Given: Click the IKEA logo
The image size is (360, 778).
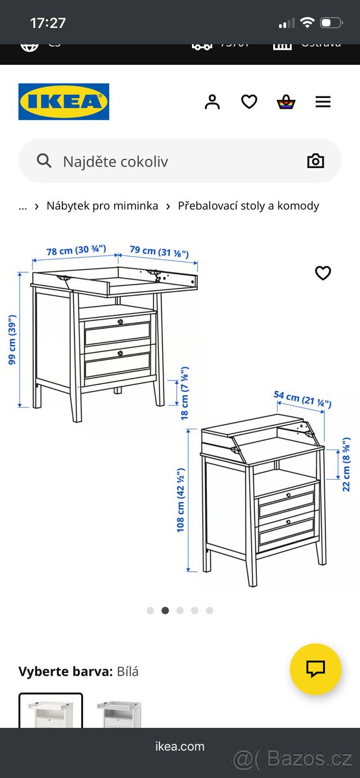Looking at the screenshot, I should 64,102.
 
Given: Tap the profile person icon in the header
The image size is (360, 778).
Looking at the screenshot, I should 212,102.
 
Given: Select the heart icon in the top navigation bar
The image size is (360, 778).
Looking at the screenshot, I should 249,102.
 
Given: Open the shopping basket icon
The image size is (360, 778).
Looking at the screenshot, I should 286,102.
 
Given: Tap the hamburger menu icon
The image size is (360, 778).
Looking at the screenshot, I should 323,102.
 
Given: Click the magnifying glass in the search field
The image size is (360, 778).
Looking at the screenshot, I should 44,161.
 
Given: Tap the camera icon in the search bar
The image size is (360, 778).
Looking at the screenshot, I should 315,161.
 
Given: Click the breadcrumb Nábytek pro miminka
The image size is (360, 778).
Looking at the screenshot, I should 102,206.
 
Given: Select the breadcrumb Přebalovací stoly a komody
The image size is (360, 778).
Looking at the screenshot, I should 248,206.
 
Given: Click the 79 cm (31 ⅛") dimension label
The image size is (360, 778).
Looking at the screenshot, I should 159,252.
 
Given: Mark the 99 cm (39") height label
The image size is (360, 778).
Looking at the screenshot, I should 12,340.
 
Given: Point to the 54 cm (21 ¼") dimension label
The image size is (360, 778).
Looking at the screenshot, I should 303,399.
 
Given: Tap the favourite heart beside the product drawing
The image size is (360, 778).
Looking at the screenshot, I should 323,273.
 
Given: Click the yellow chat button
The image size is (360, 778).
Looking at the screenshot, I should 315,669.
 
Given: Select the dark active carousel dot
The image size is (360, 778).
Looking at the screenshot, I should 165,610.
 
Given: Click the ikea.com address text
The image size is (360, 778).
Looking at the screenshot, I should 180,746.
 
